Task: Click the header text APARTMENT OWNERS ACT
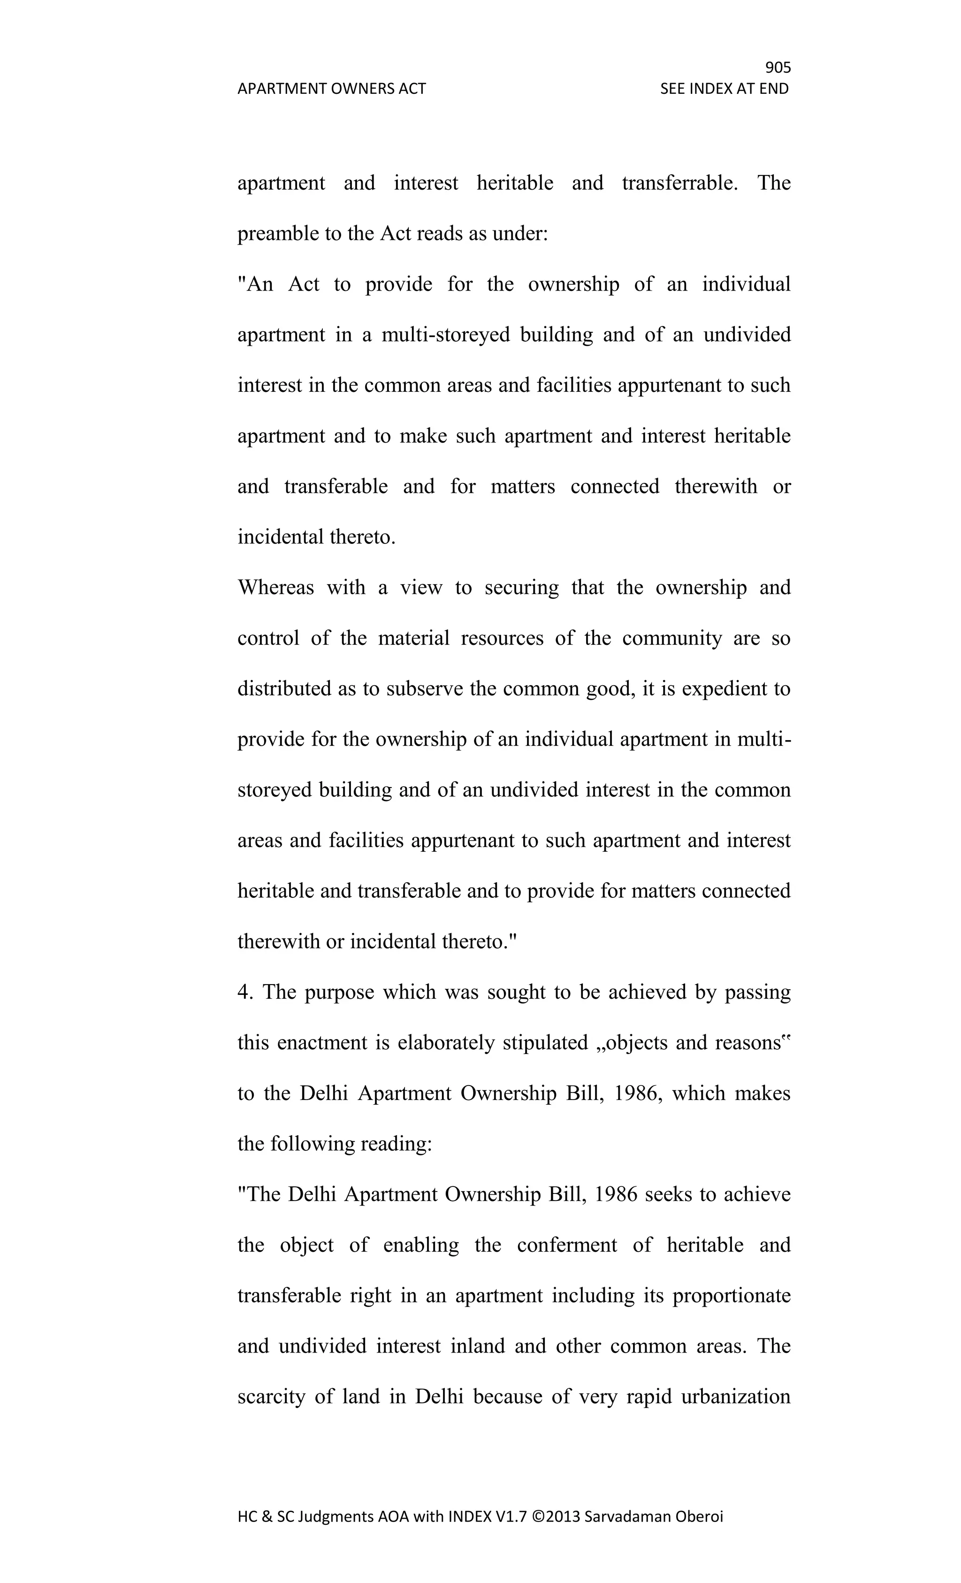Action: [331, 89]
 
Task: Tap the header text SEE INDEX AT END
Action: [724, 89]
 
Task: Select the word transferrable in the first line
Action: [679, 183]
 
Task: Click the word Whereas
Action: [275, 587]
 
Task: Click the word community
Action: [672, 638]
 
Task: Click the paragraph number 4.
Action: [244, 992]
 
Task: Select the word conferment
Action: [566, 1245]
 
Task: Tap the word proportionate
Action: [731, 1296]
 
